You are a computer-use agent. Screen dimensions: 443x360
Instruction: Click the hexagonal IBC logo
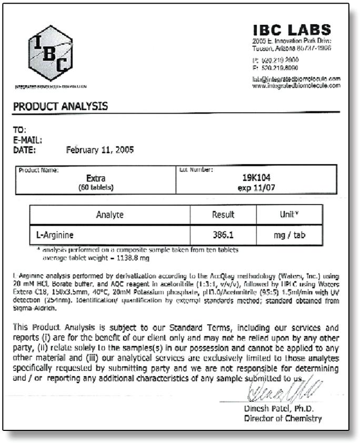click(x=51, y=53)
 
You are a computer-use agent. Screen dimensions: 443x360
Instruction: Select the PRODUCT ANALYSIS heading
click(x=61, y=106)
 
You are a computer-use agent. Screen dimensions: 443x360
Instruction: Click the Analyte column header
click(x=110, y=215)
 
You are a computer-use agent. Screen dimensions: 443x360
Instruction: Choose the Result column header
click(x=223, y=215)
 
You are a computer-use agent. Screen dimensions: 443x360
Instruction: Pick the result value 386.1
click(x=223, y=235)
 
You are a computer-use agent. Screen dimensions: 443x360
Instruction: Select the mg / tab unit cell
click(x=289, y=235)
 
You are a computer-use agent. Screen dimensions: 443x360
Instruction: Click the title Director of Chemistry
click(x=283, y=419)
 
